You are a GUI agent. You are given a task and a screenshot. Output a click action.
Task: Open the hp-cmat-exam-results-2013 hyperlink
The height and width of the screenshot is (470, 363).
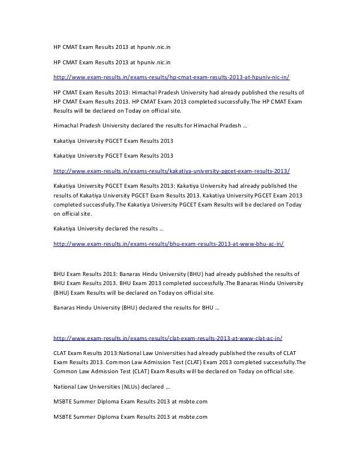pos(171,76)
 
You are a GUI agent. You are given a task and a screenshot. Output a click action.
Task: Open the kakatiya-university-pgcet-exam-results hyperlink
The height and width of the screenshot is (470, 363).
pos(171,170)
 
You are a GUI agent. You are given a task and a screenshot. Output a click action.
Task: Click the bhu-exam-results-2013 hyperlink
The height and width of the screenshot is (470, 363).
pos(168,244)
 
